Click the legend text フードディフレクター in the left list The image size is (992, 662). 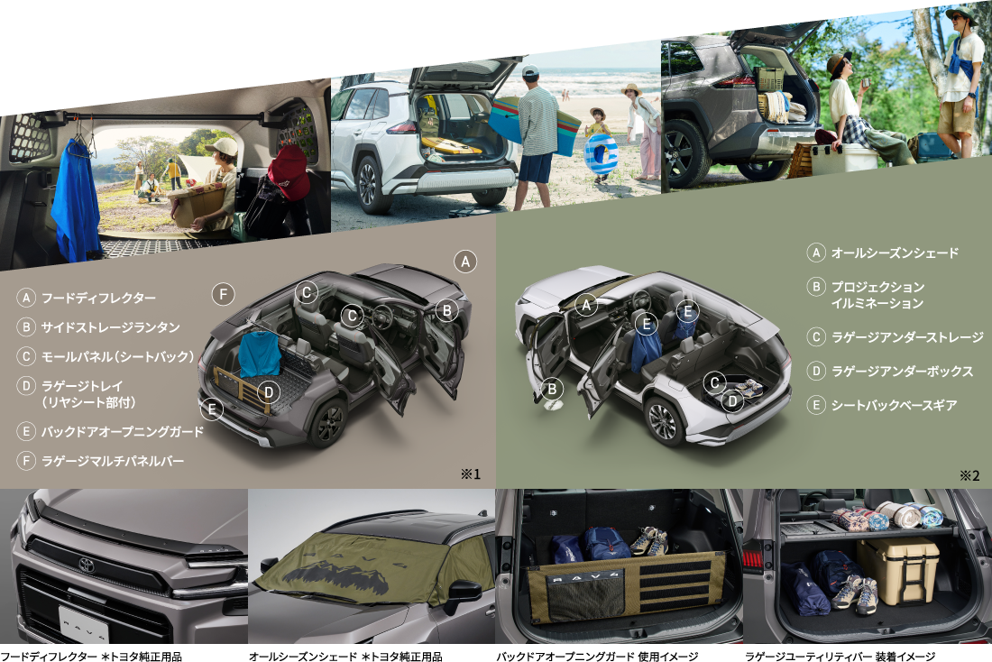98,299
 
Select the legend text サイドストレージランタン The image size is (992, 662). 111,327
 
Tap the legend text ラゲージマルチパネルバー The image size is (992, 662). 113,462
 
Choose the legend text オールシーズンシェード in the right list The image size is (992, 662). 895,253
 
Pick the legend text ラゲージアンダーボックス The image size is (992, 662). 902,372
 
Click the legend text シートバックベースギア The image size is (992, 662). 894,405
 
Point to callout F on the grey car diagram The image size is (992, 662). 223,294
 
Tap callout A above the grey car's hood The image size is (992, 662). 465,262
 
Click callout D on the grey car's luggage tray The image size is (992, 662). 268,392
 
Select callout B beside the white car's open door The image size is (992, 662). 552,389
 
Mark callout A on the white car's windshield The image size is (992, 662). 586,305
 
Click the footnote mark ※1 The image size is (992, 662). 470,474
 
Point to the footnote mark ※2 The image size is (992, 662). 969,475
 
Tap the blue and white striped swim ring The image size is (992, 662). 601,154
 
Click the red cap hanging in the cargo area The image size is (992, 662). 289,171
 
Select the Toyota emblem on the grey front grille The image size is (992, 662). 87,565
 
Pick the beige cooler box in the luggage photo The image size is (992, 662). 897,571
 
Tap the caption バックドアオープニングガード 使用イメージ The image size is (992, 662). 597,657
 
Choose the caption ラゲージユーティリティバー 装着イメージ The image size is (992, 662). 840,657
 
